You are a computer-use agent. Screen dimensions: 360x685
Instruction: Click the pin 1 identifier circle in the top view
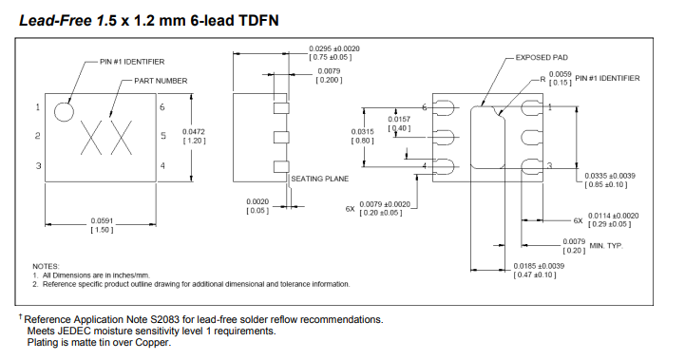pyautogui.click(x=64, y=111)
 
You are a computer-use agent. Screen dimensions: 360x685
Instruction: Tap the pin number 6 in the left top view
pyautogui.click(x=162, y=107)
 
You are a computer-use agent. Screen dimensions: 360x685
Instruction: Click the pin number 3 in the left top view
pyautogui.click(x=38, y=166)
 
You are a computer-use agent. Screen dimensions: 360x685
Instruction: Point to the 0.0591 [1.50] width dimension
pyautogui.click(x=103, y=225)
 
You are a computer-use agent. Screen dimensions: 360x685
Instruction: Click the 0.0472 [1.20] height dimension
pyautogui.click(x=194, y=135)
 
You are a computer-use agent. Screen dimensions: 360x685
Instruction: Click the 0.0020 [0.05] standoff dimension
pyautogui.click(x=257, y=206)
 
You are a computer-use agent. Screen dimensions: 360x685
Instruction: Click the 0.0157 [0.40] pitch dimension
pyautogui.click(x=399, y=123)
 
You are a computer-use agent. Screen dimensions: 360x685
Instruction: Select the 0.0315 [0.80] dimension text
pyautogui.click(x=362, y=135)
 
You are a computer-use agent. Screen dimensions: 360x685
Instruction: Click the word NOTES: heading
pyautogui.click(x=46, y=266)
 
